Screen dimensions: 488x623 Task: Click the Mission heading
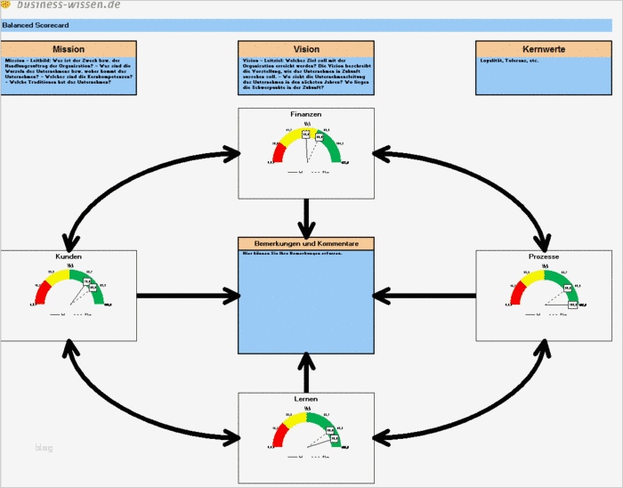[69, 49]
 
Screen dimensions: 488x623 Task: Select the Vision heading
[306, 49]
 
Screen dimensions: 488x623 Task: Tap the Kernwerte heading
[543, 49]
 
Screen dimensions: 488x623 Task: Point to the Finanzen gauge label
[306, 115]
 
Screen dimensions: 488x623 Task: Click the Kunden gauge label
[69, 256]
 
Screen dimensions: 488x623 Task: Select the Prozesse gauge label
[543, 256]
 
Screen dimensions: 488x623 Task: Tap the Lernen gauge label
[306, 399]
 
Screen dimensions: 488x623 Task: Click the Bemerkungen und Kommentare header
[306, 243]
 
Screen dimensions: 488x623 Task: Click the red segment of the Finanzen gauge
[279, 153]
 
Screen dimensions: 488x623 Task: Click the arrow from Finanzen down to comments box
[306, 216]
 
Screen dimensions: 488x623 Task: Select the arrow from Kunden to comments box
[187, 295]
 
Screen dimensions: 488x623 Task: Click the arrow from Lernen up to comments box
[306, 372]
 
